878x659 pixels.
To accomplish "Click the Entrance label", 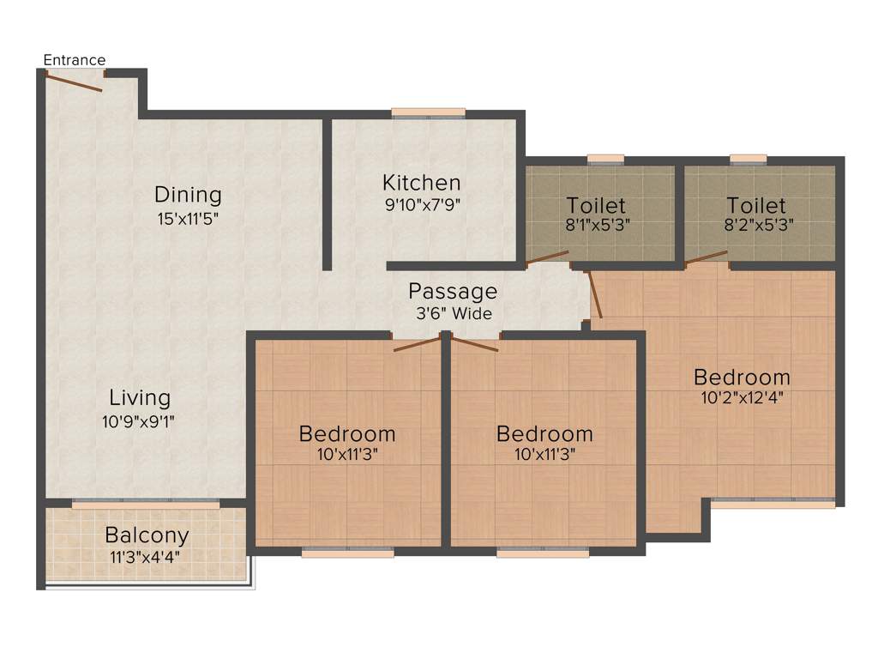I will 75,60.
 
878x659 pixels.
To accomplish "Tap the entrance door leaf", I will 74,82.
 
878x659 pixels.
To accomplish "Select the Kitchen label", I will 421,183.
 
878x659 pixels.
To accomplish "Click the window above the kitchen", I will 429,112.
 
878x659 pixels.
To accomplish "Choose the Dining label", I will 188,195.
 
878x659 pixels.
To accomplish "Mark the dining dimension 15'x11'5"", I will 188,218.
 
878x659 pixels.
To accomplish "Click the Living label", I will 140,398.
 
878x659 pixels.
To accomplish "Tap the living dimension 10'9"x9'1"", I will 140,420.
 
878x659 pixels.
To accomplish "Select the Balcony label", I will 147,535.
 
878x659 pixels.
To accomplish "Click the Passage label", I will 453,291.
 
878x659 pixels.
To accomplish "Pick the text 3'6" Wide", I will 454,314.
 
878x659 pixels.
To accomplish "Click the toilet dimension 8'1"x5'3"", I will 596,227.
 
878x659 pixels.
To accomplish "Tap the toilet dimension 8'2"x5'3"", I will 756,227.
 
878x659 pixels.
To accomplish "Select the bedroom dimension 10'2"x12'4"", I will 742,397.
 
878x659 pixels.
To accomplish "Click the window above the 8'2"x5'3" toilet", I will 749,159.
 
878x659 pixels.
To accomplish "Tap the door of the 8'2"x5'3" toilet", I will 707,257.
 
